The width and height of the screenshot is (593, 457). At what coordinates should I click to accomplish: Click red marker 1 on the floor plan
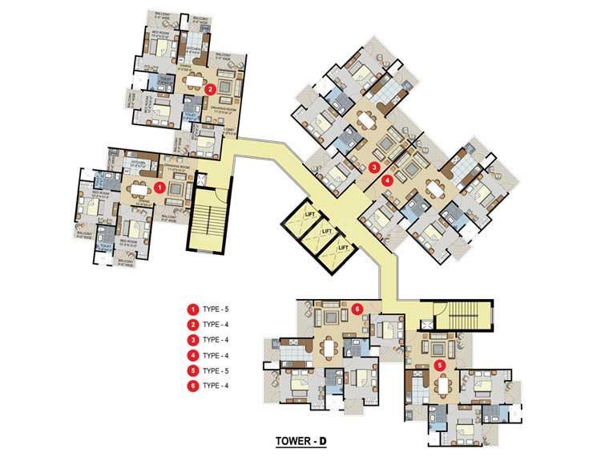159,187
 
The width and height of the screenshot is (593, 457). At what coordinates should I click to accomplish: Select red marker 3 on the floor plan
374,168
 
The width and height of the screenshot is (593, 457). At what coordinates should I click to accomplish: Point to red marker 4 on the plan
388,180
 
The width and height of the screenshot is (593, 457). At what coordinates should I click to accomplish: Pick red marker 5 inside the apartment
438,365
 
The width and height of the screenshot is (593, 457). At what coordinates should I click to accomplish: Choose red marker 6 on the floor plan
357,307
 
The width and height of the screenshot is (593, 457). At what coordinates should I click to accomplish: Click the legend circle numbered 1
192,309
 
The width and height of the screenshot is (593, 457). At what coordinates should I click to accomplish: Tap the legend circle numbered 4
192,355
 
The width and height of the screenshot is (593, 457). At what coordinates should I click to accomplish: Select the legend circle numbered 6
192,386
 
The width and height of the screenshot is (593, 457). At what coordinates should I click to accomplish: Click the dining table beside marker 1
142,189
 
